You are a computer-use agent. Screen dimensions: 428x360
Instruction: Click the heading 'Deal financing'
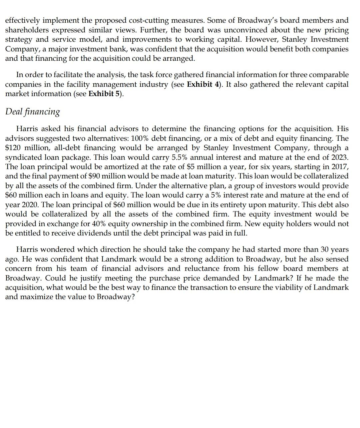click(x=32, y=112)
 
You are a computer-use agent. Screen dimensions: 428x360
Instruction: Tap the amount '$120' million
click(x=12, y=148)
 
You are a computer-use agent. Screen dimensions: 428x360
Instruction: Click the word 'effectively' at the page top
click(x=22, y=21)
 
